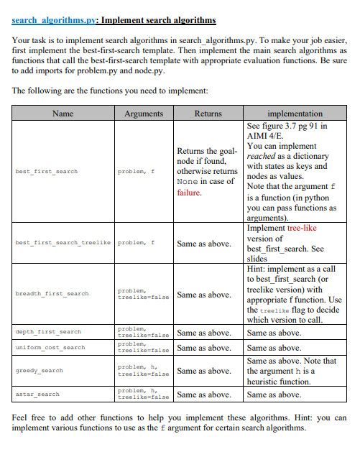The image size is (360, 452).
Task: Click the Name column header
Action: pyautogui.click(x=63, y=114)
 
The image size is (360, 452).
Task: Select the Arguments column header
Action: pyautogui.click(x=144, y=114)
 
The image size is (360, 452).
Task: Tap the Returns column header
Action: pyautogui.click(x=207, y=114)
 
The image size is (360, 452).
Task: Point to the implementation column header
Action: pyautogui.click(x=295, y=114)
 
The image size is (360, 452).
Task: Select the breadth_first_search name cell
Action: pyautogui.click(x=52, y=294)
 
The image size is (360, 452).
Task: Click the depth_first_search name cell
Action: pyautogui.click(x=47, y=333)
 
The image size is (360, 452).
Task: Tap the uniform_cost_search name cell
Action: pyautogui.click(x=50, y=348)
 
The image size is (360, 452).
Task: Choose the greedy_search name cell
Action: pyautogui.click(x=38, y=371)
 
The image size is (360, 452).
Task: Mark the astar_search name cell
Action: pyautogui.click(x=37, y=395)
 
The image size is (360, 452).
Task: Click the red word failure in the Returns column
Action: pyautogui.click(x=190, y=193)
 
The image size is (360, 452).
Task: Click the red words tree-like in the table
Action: pyautogui.click(x=301, y=228)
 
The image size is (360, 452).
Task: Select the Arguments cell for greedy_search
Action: pyautogui.click(x=143, y=371)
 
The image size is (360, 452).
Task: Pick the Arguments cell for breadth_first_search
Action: pyautogui.click(x=143, y=294)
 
